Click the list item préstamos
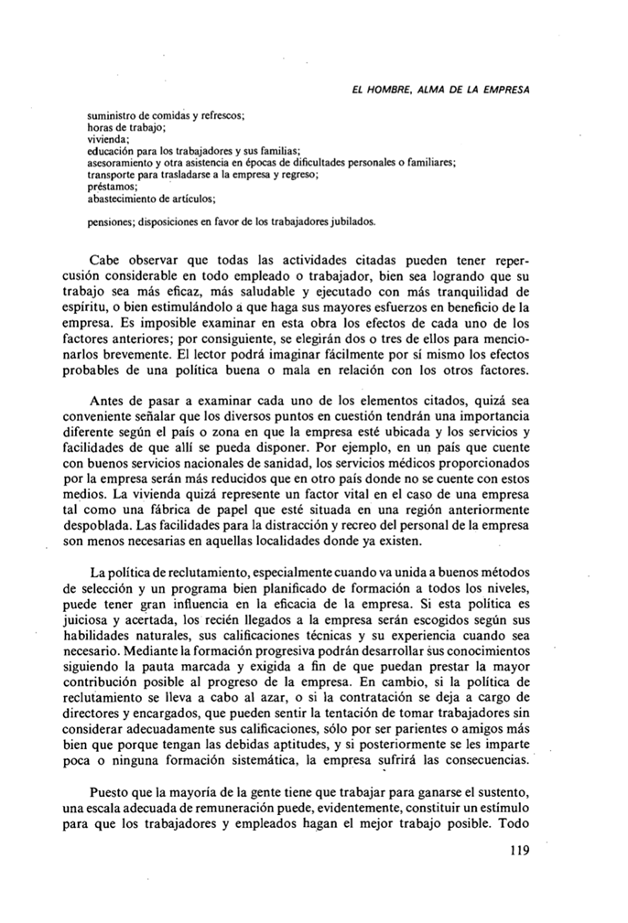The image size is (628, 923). coord(108,185)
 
